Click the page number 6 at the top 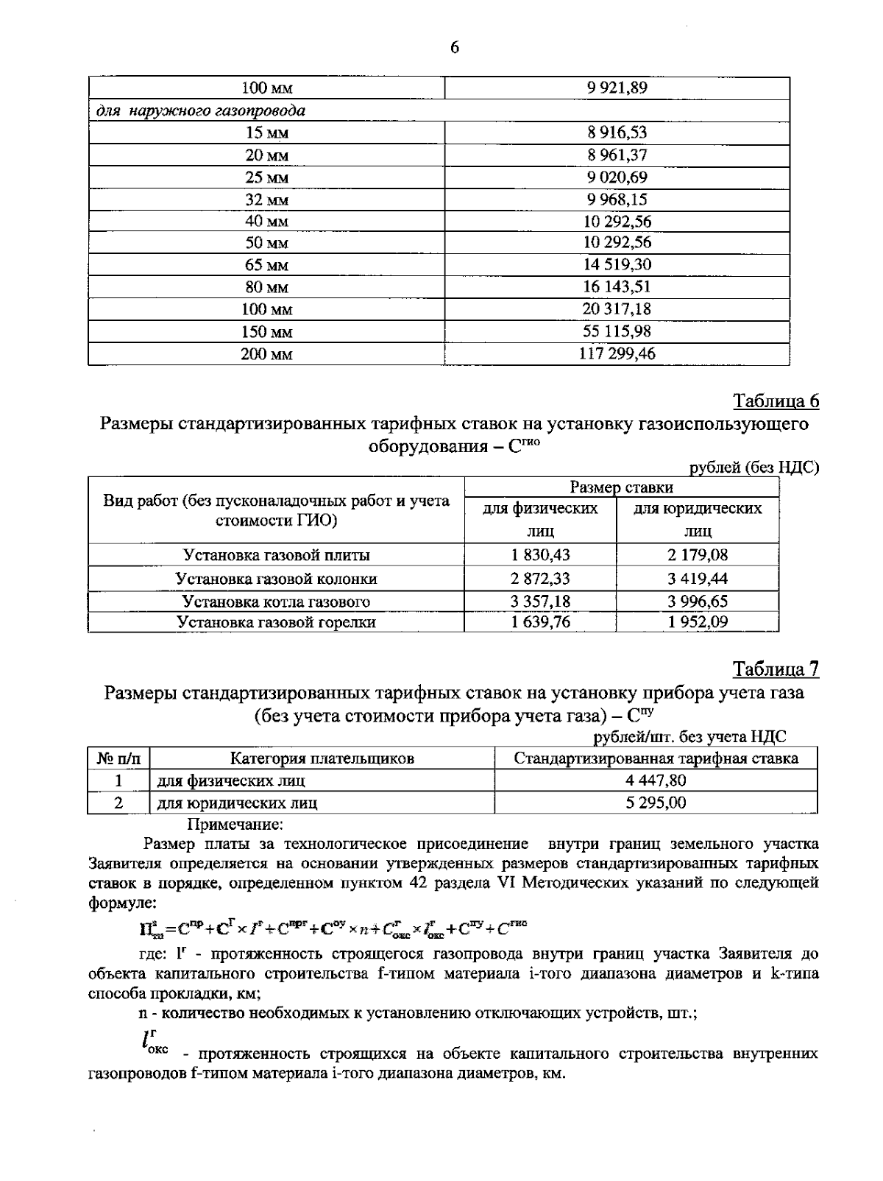454,48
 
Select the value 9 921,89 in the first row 617,88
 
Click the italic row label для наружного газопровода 201,111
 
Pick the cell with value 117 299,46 617,354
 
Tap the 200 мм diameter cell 266,354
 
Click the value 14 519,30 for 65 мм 617,264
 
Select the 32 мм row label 266,200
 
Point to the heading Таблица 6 776,401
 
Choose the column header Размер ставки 622,487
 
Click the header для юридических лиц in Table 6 698,519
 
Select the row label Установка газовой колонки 276,579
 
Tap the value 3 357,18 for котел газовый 540,602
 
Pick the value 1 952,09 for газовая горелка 698,622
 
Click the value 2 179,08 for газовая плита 698,555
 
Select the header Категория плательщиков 322,758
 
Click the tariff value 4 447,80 656,780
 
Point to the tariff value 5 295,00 656,803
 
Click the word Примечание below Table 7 235,824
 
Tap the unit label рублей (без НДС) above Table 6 753,468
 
